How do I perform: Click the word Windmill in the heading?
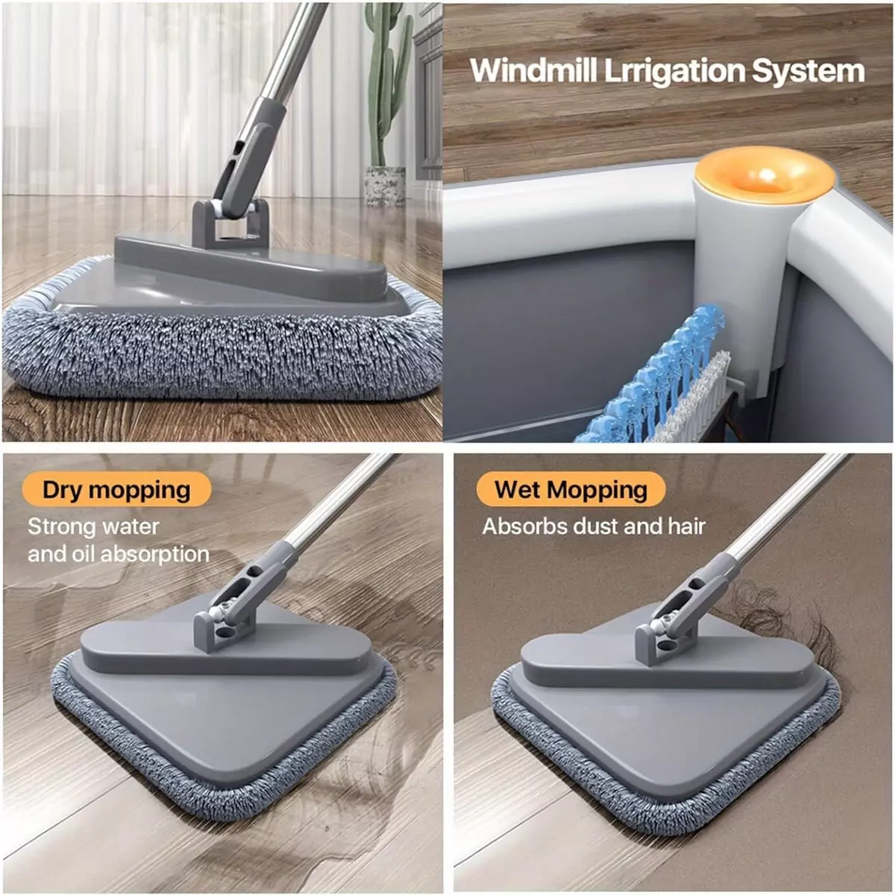coord(534,71)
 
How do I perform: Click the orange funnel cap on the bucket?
coord(764,175)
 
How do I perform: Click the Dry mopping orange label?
coord(116,489)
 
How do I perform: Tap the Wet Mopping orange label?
coord(571,489)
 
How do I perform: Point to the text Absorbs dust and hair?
coord(594,527)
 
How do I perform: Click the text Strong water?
coord(93,527)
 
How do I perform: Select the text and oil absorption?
coord(119,554)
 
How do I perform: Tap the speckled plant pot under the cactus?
coord(385,186)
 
